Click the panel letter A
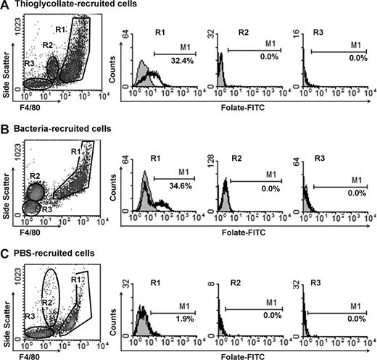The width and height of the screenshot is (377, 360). (5, 6)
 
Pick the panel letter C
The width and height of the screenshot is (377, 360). (5, 252)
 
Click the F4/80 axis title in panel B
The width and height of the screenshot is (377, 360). (27, 237)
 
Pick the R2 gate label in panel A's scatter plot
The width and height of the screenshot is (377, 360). (48, 46)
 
